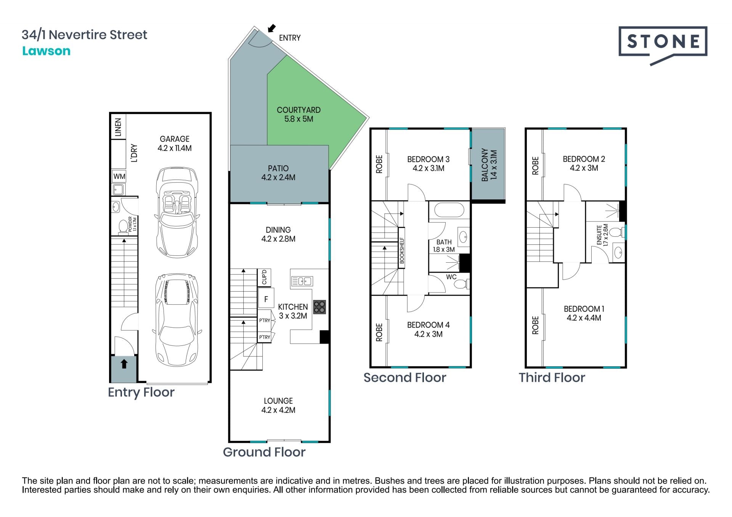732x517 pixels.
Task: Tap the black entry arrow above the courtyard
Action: point(271,28)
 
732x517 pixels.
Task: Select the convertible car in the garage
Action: point(177,213)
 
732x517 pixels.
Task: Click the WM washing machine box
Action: point(119,176)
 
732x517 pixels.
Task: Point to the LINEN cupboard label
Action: point(118,127)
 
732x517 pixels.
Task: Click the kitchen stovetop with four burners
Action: point(319,307)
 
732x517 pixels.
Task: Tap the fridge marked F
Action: point(266,299)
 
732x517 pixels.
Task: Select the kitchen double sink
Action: point(302,281)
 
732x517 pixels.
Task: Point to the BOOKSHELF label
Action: point(401,250)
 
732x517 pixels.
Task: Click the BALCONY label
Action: point(485,165)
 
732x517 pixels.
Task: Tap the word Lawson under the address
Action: point(46,51)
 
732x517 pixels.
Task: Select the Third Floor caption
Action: point(552,377)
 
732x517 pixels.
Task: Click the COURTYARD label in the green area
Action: point(299,110)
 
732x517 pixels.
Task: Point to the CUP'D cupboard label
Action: point(264,277)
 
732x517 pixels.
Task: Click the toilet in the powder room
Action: point(123,226)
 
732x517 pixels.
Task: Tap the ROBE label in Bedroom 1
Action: point(535,325)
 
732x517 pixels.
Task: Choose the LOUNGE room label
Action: point(278,401)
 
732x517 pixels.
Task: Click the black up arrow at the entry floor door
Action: point(124,364)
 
